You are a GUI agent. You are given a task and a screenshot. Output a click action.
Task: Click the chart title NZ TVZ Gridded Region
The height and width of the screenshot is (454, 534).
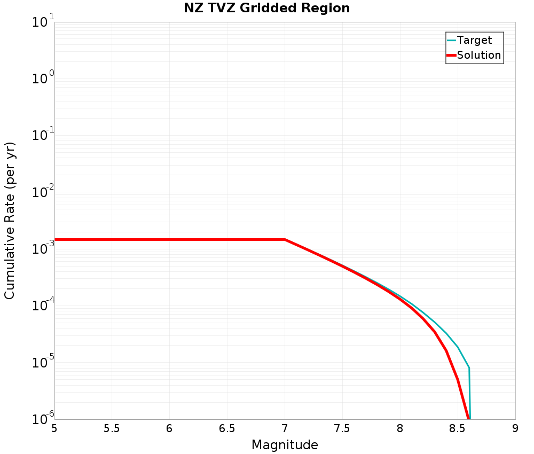point(266,9)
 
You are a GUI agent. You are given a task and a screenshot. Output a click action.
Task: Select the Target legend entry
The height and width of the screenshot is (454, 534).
point(474,40)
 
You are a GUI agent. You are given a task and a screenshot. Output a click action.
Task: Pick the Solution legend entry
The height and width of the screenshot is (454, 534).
point(479,55)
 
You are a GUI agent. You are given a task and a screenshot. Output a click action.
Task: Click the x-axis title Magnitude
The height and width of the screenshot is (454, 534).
point(285,445)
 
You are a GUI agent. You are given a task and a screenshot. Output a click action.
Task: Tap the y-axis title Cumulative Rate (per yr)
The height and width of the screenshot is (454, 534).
point(10,221)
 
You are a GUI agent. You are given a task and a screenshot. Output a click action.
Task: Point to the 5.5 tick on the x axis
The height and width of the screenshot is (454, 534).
point(112,429)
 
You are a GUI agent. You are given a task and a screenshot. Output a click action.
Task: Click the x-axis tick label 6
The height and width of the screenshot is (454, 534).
point(169,429)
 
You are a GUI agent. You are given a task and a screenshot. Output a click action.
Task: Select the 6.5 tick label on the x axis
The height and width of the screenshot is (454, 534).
point(227,429)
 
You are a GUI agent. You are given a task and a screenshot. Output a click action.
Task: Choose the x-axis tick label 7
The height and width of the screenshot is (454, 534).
point(285,429)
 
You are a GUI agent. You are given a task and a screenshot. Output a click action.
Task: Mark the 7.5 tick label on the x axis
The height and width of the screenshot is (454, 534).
point(342,429)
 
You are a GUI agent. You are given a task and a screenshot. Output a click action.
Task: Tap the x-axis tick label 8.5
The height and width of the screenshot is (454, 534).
point(457,429)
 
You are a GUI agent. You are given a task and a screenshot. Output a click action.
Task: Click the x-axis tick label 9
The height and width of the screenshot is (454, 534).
point(515,429)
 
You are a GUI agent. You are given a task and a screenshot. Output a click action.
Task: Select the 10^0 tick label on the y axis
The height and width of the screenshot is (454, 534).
point(43,79)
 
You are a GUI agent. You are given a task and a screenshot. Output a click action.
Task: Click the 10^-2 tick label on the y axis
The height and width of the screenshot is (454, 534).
point(42,192)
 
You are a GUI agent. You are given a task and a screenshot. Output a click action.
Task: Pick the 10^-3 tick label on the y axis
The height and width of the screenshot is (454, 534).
point(42,249)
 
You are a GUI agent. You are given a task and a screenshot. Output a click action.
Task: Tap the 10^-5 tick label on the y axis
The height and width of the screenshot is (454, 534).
point(42,362)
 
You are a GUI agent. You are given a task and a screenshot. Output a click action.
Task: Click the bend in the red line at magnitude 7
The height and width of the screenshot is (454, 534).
point(285,239)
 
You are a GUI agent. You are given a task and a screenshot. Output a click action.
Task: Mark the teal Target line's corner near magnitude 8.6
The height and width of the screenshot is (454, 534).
point(469,368)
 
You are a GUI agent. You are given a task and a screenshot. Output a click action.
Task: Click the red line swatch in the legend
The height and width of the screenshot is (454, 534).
point(451,55)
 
